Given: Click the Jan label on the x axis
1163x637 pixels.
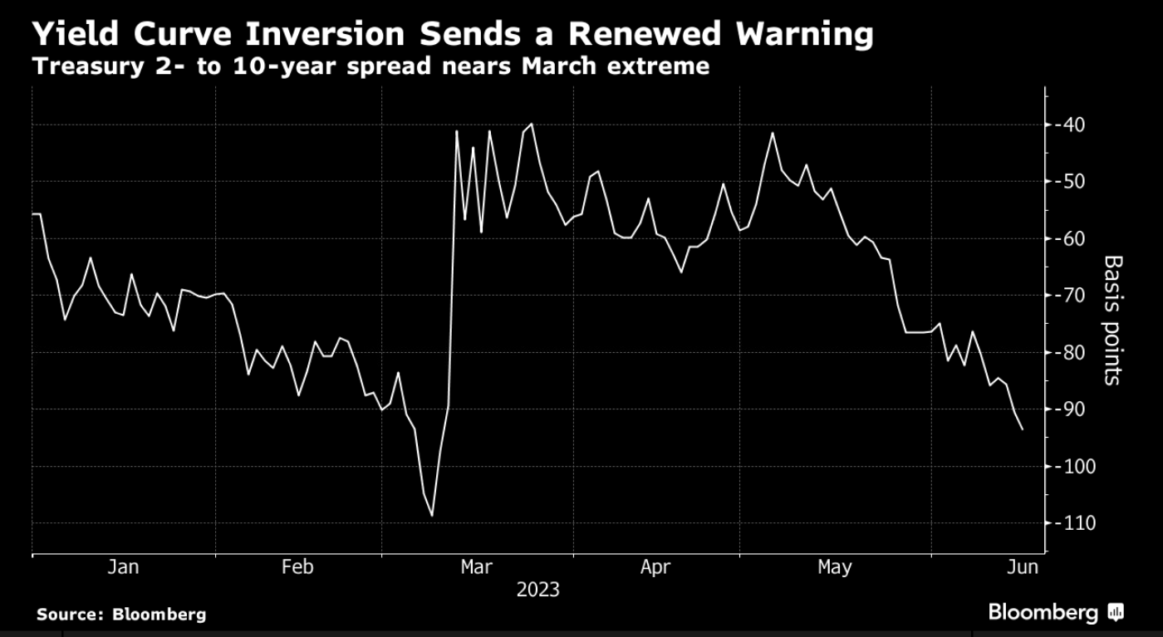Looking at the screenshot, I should (x=123, y=567).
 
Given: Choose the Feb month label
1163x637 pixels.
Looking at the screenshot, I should (x=297, y=567).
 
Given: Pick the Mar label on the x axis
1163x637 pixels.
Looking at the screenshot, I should (x=476, y=567).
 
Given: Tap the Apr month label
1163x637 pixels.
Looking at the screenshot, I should (x=655, y=567).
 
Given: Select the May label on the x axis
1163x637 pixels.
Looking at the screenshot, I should (x=834, y=567).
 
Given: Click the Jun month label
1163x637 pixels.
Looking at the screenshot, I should (x=1022, y=567).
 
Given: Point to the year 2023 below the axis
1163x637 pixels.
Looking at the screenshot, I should (x=537, y=590).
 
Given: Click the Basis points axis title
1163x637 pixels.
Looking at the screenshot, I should (x=1112, y=320).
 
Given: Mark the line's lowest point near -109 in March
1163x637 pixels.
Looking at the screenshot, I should (x=432, y=516).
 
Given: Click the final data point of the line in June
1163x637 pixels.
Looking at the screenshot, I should (x=1022, y=429).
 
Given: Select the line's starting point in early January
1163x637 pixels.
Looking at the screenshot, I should (x=33, y=214).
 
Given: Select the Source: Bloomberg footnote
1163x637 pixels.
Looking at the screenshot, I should (x=121, y=615).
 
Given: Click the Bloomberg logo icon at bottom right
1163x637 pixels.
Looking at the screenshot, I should (x=1116, y=613).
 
